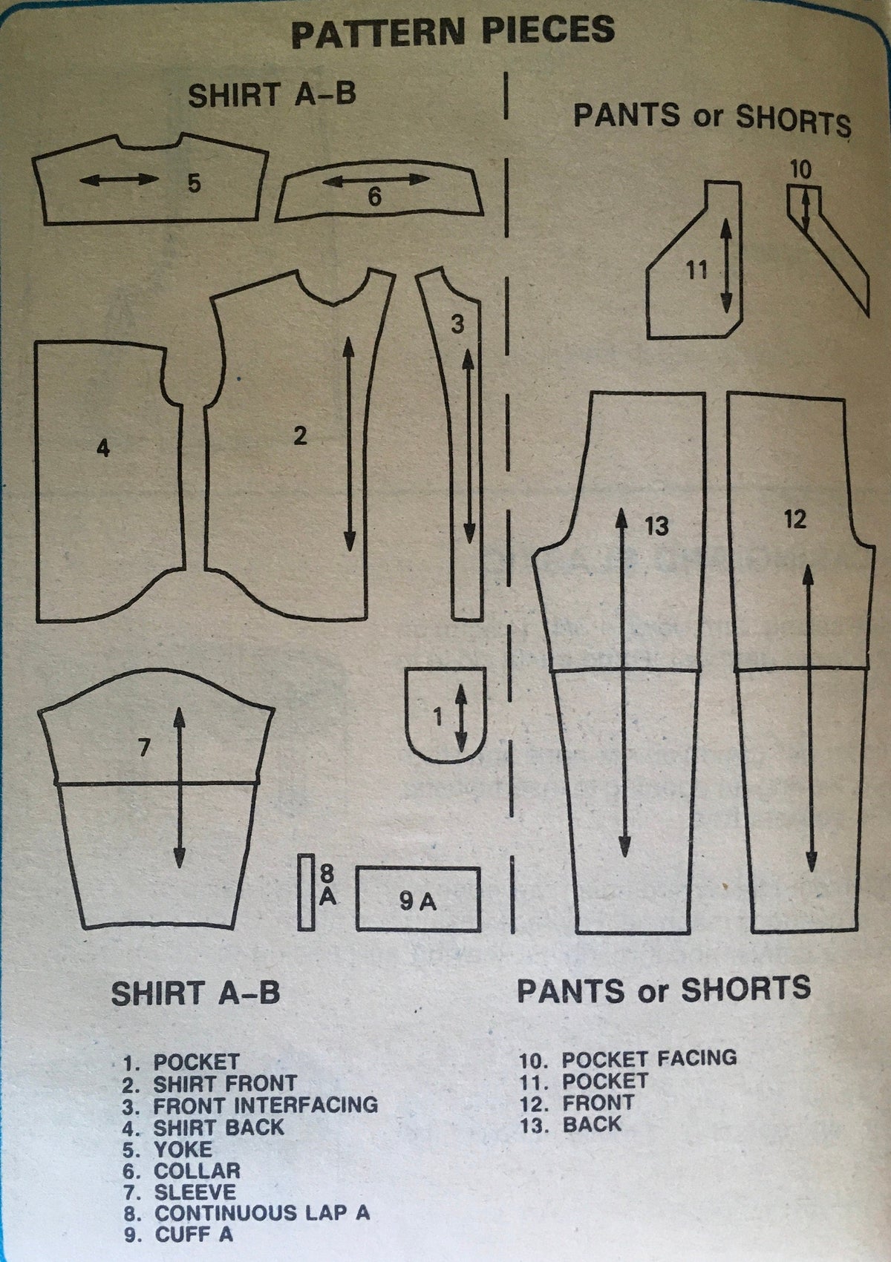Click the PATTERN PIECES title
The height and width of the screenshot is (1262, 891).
pos(453,32)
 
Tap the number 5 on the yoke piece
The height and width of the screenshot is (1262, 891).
pos(194,184)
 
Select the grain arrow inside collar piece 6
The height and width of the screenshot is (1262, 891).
pos(376,180)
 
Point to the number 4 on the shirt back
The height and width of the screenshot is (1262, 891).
pos(103,448)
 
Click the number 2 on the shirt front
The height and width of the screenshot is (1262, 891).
pos(300,436)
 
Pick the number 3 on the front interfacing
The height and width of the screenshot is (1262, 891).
pos(457,324)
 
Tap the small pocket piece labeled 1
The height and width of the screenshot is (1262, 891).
pos(446,715)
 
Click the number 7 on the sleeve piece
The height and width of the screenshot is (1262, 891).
pos(144,748)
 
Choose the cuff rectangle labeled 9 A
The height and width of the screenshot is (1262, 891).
pos(419,899)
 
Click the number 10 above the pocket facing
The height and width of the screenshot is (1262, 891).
pos(800,170)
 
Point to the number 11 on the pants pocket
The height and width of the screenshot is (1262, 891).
pos(696,270)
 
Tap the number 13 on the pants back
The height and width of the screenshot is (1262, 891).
pos(656,526)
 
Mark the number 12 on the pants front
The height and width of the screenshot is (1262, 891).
pos(795,519)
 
